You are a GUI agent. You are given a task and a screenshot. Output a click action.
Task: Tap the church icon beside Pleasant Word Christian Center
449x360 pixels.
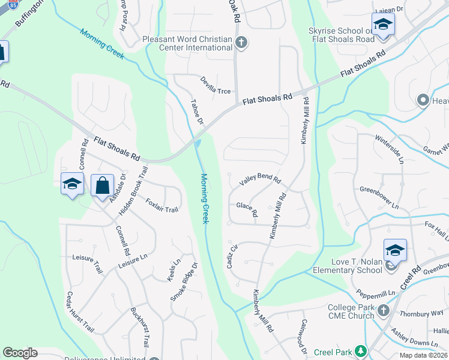click(x=241, y=42)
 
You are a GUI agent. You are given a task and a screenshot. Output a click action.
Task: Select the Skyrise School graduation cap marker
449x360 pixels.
click(x=382, y=26)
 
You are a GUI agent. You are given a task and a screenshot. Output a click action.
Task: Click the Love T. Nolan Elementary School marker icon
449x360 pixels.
click(x=395, y=250)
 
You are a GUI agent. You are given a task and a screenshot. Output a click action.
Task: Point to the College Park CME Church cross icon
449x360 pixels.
click(x=384, y=310)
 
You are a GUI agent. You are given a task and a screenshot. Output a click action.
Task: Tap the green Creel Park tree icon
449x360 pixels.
click(x=360, y=350)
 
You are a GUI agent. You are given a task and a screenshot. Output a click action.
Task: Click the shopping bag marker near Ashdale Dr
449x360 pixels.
click(x=102, y=185)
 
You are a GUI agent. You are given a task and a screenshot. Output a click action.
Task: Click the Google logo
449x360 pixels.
click(x=20, y=353)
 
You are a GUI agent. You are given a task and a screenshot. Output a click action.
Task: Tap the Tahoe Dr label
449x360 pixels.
click(x=197, y=112)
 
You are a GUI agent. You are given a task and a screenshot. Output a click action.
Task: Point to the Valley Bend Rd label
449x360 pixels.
click(x=260, y=179)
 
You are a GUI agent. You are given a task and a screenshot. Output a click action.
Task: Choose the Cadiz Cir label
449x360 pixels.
click(x=233, y=256)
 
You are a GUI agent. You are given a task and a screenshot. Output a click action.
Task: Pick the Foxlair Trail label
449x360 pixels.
click(x=162, y=205)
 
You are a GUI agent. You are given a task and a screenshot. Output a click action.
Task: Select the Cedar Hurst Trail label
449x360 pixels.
click(x=80, y=312)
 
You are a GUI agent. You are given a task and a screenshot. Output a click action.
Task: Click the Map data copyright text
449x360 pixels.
click(x=422, y=355)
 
